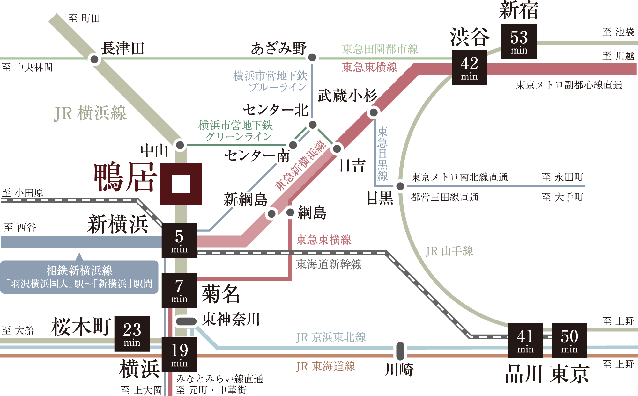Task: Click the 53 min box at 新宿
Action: coord(519,41)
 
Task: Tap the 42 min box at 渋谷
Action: coord(469,68)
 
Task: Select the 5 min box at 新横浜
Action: coord(179,240)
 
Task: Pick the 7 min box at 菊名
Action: coord(179,290)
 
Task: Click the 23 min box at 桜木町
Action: coord(132,334)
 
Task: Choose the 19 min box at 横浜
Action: coord(179,354)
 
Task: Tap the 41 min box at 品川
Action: coord(525,340)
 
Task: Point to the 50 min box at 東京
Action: coord(569,340)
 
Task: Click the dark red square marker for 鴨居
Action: coord(181,184)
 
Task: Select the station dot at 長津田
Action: coord(94,59)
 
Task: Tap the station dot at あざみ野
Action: coord(312,57)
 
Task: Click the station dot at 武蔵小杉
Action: coord(374,112)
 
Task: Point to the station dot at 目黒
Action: coord(400,186)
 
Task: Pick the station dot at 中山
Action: coord(180,145)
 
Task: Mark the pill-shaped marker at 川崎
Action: coord(400,351)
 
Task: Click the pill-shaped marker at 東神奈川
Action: coord(186,321)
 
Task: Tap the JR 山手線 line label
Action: coord(449,251)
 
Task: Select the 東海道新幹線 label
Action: coord(329,264)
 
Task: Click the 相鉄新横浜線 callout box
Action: coord(79,277)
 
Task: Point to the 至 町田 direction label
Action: coord(84,18)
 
